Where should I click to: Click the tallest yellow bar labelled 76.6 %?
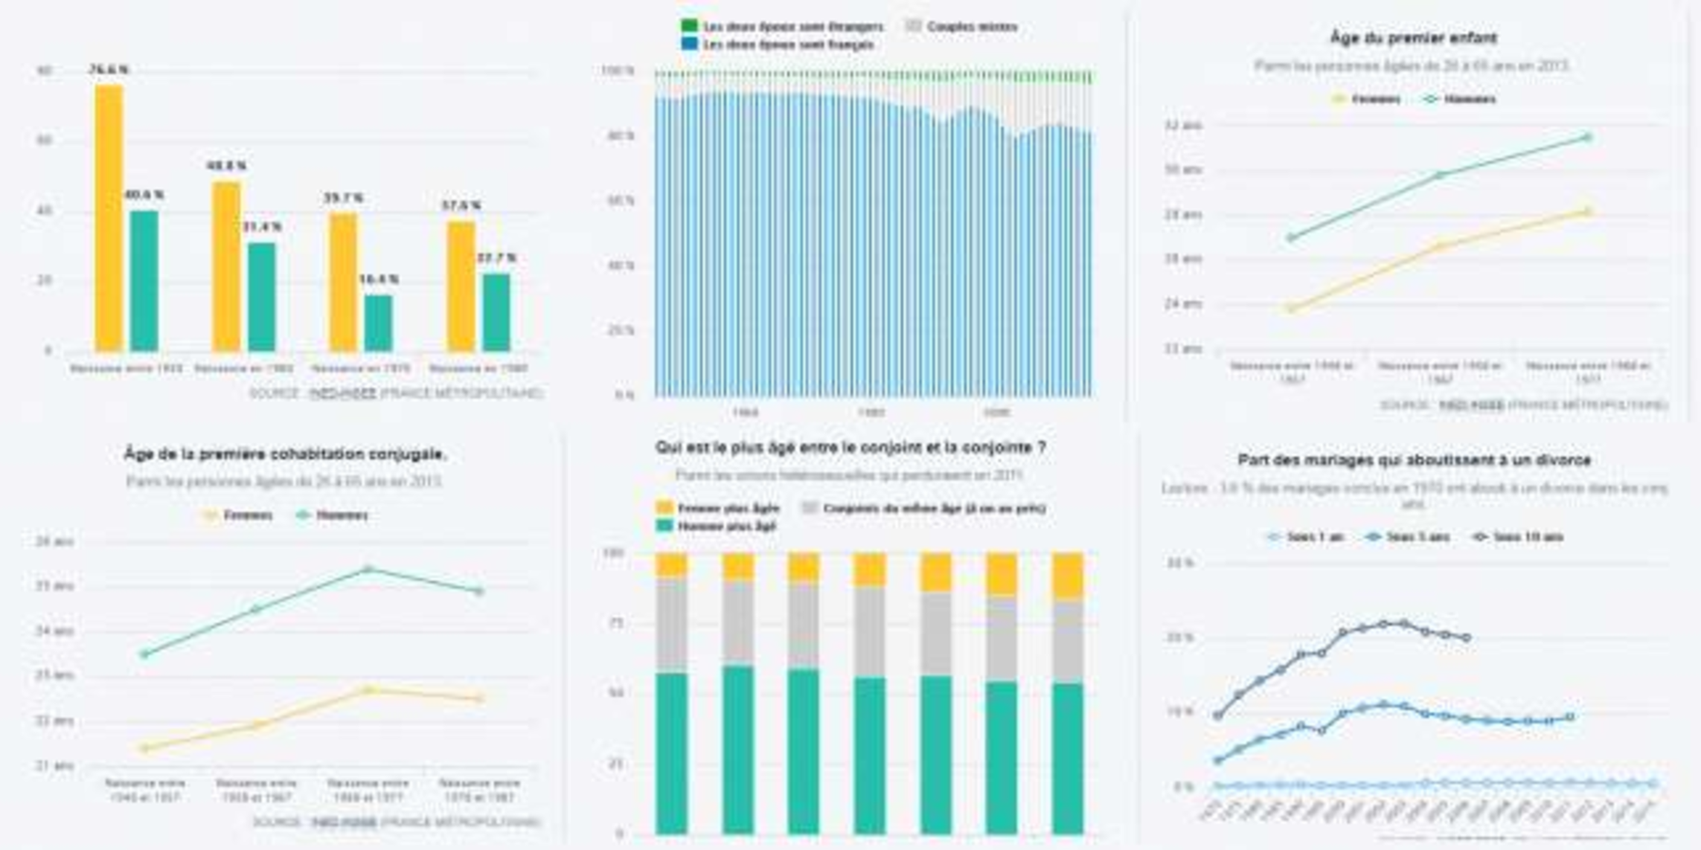[109, 217]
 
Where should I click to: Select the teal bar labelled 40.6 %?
[144, 280]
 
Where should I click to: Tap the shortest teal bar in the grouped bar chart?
[379, 323]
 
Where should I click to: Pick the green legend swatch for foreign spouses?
[690, 27]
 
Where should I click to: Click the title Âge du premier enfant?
[1413, 38]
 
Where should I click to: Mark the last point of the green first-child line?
[1587, 138]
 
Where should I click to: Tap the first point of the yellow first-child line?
[1292, 308]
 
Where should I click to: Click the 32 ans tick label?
[1183, 126]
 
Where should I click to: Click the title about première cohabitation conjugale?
[285, 454]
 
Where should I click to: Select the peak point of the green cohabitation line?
[368, 570]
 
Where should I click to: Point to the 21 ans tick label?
[55, 765]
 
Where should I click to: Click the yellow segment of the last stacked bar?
[1068, 577]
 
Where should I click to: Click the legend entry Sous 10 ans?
[1528, 537]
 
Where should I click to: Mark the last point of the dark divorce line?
[1467, 637]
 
